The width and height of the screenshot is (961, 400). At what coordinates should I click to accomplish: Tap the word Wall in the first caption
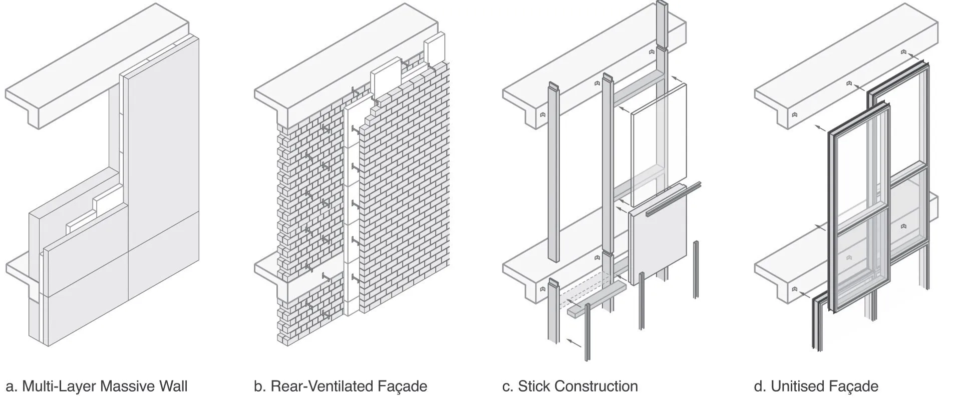pos(172,386)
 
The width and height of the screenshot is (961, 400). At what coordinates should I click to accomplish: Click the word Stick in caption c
pos(534,386)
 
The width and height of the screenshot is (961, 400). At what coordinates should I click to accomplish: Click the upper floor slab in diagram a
pos(95,65)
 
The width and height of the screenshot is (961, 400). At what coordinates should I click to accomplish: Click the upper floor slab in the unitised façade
pos(846,65)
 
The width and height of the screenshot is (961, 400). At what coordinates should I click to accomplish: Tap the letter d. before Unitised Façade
pos(760,386)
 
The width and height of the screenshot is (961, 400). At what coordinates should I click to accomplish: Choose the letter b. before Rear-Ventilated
pos(260,386)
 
